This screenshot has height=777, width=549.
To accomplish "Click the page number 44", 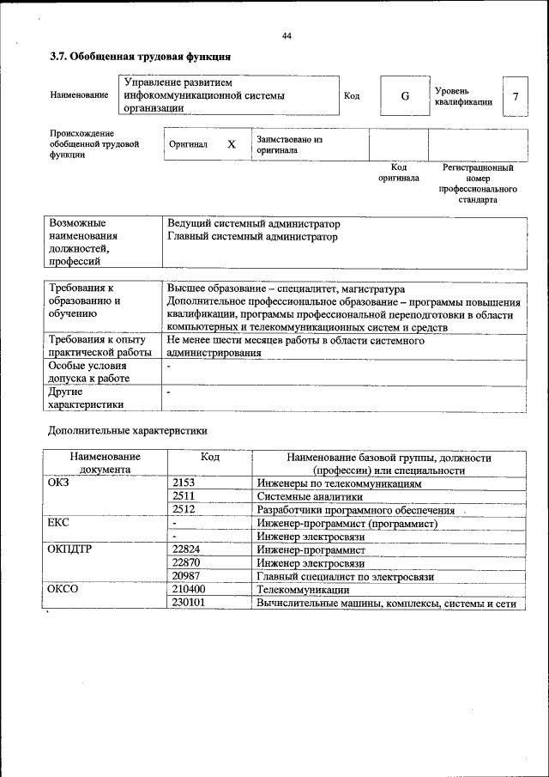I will (287, 35).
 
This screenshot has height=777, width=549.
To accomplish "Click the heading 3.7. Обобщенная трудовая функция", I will (140, 58).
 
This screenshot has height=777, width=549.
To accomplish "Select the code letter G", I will (404, 96).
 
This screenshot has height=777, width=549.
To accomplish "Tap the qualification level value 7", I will (515, 96).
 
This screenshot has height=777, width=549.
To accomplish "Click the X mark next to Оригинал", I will (231, 145).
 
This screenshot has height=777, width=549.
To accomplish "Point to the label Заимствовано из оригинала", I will (288, 144).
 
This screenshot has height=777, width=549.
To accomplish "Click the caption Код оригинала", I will (398, 173).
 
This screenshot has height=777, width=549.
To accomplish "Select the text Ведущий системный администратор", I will (248, 224).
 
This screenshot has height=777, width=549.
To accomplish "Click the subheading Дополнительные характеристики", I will (128, 429).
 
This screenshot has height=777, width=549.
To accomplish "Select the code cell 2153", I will (184, 484).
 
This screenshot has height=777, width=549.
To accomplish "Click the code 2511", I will (184, 497).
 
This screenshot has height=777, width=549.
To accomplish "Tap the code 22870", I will (186, 563).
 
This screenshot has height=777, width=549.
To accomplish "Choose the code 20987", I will (186, 576).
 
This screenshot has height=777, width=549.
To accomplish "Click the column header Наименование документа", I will (105, 464).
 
